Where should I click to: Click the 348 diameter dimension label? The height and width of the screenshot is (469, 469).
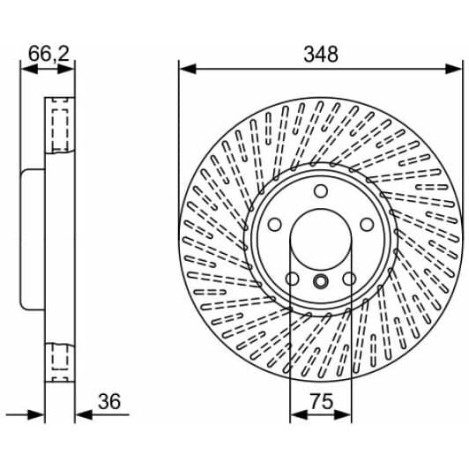pyautogui.click(x=320, y=55)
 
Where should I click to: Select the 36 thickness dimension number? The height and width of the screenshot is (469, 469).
pyautogui.click(x=109, y=402)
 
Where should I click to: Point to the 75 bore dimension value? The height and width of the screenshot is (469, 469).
pyautogui.click(x=321, y=402)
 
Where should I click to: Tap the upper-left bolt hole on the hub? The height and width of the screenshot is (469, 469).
pyautogui.click(x=274, y=224)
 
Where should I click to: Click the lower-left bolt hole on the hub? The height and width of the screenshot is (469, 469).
pyautogui.click(x=291, y=279)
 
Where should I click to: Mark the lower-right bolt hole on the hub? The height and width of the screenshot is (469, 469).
pyautogui.click(x=349, y=279)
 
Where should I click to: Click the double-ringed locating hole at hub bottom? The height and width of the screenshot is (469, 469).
pyautogui.click(x=320, y=282)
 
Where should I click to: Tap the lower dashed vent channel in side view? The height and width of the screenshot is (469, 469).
pyautogui.click(x=61, y=360)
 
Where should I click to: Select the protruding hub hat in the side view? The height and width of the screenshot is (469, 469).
pyautogui.click(x=31, y=240)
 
